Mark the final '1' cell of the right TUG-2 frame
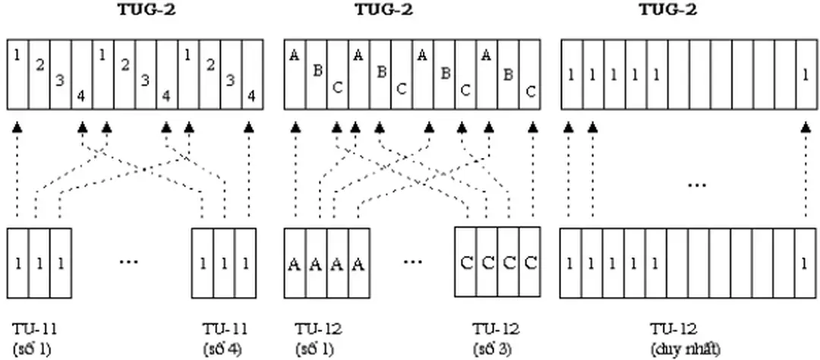[804, 75]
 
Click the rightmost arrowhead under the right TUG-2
[804, 129]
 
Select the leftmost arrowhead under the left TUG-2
[17, 129]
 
